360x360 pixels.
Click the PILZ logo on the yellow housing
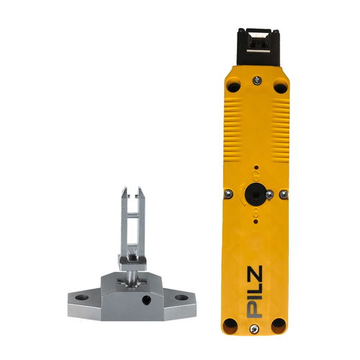tap(255, 292)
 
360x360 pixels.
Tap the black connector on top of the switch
tap(258, 47)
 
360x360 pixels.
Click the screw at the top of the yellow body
tap(257, 80)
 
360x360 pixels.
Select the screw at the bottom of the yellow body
tap(254, 329)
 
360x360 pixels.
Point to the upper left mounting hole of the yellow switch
tap(234, 87)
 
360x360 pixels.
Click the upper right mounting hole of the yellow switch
tap(281, 88)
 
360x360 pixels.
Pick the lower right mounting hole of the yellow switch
tap(279, 325)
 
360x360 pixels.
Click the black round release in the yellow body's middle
tap(255, 194)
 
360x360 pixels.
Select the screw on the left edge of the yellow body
tap(228, 194)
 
